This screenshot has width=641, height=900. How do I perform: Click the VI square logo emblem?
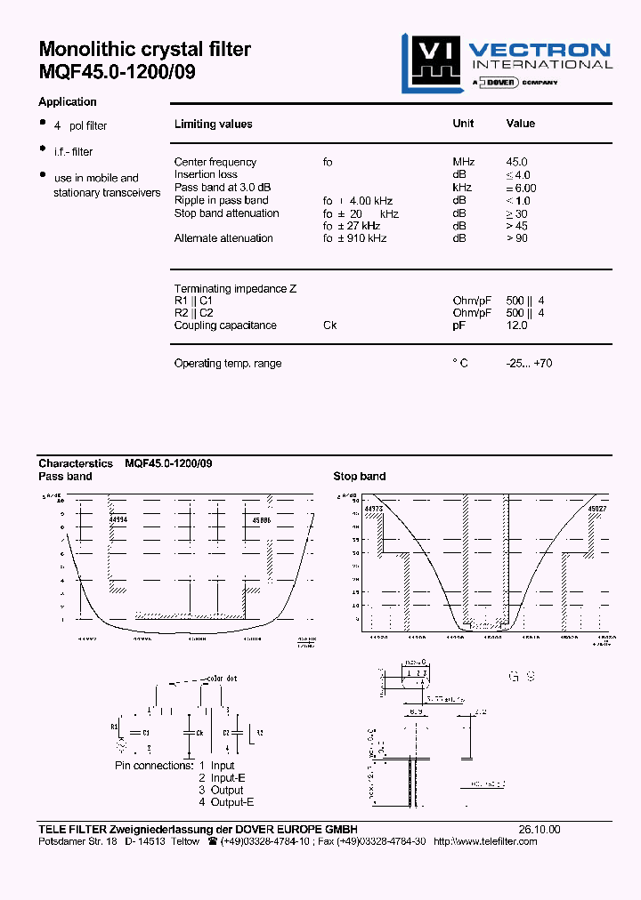pos(431,62)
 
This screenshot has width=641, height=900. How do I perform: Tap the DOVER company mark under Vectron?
pos(500,82)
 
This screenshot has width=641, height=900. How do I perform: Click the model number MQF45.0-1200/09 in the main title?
pos(117,73)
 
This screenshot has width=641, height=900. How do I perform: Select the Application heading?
pos(68,102)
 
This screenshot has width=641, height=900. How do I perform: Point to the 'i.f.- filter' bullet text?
pos(73,152)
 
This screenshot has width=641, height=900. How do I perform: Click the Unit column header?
pos(463,124)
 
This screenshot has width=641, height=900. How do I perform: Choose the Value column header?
pos(521,124)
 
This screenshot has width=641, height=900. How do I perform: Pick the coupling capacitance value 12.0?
pos(517,325)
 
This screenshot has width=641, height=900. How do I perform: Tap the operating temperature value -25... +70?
pos(528,364)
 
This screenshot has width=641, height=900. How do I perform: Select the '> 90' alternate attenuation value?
pos(517,238)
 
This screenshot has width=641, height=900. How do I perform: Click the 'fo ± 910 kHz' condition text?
pos(354,238)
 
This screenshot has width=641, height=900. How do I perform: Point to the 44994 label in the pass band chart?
pos(118,518)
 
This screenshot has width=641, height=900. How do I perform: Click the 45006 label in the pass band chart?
pos(262,518)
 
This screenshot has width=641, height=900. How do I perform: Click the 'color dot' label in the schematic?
pos(220,679)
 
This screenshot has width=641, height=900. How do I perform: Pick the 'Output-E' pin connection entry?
pos(232,802)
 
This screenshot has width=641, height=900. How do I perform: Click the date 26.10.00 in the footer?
pos(540,829)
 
